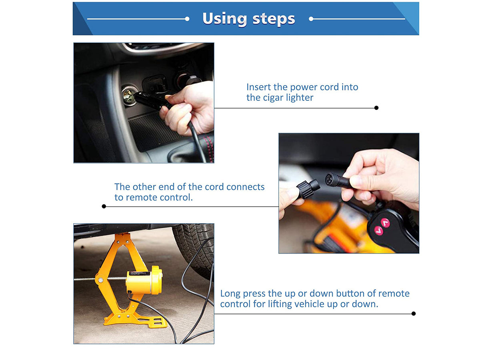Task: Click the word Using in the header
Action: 225,19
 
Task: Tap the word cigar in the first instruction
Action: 275,98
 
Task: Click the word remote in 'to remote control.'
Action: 141,197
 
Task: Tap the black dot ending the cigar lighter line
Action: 376,108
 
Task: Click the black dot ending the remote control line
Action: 104,206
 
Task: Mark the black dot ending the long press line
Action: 414,314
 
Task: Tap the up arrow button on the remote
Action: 386,223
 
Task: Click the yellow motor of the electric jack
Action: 144,281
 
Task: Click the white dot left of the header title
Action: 187,19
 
